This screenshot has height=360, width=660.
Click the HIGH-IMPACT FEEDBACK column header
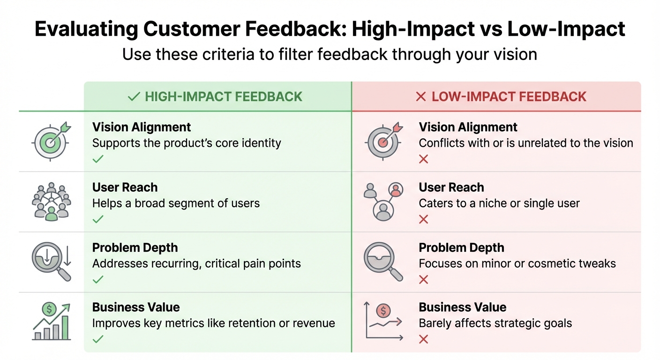pos(215,97)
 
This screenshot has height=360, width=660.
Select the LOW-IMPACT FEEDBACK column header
pos(501,97)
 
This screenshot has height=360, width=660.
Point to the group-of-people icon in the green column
pos(51,201)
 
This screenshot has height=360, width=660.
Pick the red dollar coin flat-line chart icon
pos(383,321)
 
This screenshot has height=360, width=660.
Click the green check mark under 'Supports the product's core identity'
pos(97,159)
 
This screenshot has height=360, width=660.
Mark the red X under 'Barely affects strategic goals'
pos(423,339)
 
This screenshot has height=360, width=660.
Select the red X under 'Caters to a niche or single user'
pos(423,219)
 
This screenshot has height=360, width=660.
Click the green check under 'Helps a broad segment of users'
pos(97,219)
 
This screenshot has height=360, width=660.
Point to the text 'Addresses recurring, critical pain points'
pos(196,263)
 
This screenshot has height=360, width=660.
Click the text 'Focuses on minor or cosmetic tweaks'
pos(517,263)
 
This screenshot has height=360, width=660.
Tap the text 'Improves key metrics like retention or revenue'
pos(213,323)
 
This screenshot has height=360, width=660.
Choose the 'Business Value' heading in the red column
pos(462,307)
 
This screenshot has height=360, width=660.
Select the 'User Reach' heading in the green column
pos(125,187)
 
